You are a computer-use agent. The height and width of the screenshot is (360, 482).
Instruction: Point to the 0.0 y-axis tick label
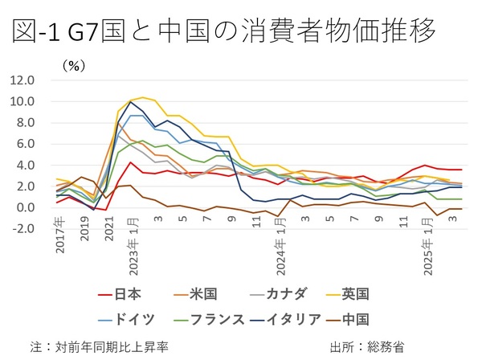(x=24, y=207)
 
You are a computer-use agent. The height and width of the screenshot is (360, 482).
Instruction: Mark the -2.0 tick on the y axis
(x=22, y=228)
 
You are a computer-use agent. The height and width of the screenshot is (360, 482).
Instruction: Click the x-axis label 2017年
(x=61, y=240)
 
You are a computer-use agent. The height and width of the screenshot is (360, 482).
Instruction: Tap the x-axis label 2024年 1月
(x=281, y=251)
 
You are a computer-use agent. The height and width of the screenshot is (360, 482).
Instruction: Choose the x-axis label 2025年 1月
(x=429, y=251)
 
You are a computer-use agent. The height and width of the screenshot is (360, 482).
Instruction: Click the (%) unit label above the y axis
(x=73, y=66)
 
